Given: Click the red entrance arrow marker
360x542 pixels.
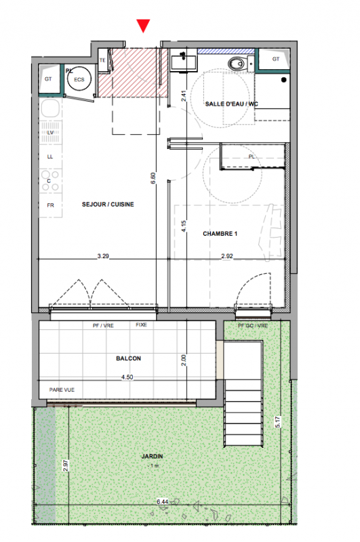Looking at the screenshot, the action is (x=143, y=26).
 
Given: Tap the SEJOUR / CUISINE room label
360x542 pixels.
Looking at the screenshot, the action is (x=108, y=205).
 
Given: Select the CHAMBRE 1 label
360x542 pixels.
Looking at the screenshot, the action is (x=220, y=234).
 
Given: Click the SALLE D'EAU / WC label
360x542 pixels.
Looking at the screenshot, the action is (x=232, y=104).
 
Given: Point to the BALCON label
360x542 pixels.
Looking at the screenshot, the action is (x=128, y=358).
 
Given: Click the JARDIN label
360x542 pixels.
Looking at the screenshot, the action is (x=152, y=456).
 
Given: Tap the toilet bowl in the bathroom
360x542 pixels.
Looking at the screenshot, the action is (x=237, y=64).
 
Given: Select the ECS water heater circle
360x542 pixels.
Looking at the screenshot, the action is (x=79, y=79).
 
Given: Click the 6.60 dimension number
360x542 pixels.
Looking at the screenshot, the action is (x=153, y=178).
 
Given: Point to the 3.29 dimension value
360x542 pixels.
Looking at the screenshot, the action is (x=103, y=256).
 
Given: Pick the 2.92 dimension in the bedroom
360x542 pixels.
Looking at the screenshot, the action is (x=227, y=256).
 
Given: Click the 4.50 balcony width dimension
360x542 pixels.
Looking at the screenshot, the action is (x=127, y=377).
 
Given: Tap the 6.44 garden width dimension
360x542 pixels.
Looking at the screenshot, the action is (x=163, y=501).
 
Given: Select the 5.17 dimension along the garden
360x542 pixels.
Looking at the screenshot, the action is (x=278, y=422).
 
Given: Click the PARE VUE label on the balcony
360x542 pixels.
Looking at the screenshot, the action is (x=62, y=390).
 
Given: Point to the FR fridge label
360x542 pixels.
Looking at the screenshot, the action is (x=50, y=205).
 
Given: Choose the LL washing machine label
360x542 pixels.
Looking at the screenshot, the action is (x=50, y=157).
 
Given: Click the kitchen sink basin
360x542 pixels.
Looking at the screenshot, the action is (x=50, y=108).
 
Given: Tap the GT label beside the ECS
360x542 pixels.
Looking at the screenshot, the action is (x=48, y=79).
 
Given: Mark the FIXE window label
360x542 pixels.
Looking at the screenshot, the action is (x=142, y=325).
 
